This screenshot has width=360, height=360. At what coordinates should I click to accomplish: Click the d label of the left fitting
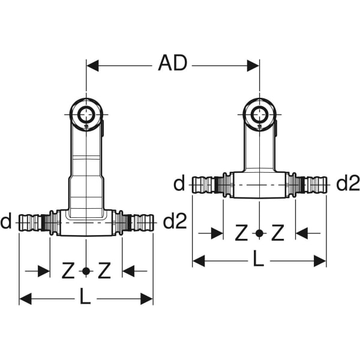tap(7, 223)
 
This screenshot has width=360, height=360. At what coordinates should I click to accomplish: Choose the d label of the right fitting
tap(179, 184)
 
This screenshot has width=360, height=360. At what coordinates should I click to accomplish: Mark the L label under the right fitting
tap(259, 260)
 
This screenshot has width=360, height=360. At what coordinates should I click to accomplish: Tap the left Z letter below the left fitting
tap(69, 272)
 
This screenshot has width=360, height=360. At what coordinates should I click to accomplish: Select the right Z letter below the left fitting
tap(104, 272)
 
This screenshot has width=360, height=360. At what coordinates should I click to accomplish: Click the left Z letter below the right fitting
tap(242, 233)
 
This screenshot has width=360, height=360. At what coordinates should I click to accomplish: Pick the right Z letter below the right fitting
tap(277, 233)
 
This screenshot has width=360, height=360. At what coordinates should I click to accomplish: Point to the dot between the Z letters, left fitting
tap(86, 272)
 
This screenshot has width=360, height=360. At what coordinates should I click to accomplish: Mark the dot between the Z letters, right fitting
tap(259, 233)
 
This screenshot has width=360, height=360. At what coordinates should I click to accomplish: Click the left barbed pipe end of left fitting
tap(31, 223)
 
